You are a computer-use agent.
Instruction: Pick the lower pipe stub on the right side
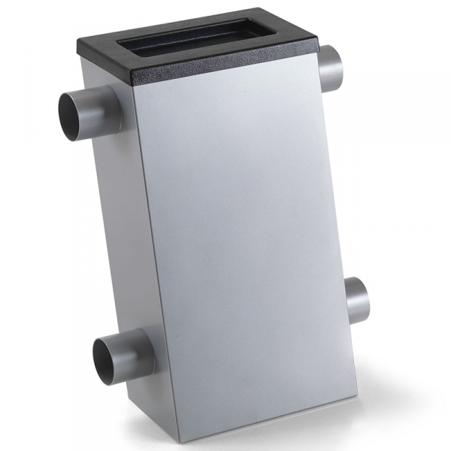click(x=358, y=299)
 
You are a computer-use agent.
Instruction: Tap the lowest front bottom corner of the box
click(x=177, y=441)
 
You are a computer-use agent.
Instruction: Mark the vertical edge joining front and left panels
click(x=154, y=263)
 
